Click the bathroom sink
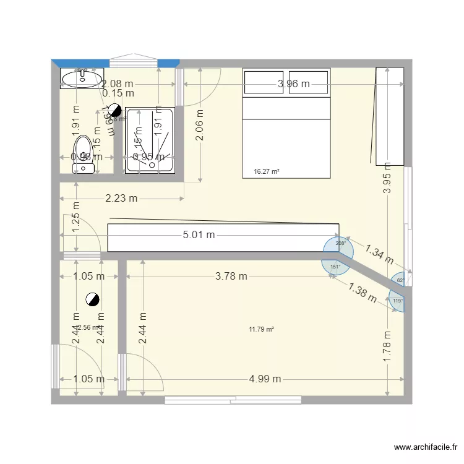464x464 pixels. pos(81,79)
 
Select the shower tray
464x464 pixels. pos(149,141)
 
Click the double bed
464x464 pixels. pos(286,124)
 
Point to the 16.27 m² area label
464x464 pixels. pos(267,171)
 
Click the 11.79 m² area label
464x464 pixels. pos(261,329)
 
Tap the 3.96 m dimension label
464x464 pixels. pos(293,84)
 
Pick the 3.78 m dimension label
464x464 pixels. pos(231,277)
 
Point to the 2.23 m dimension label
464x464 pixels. pos(121,198)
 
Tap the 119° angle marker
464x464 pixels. pos(398,301)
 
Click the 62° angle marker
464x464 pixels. pos(400,280)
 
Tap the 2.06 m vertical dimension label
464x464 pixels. pos(200,125)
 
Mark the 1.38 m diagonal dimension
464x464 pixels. pos(362,292)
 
